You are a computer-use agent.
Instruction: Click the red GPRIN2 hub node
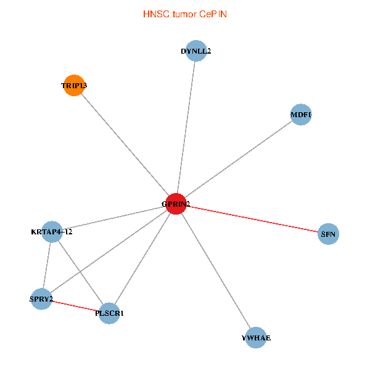176,204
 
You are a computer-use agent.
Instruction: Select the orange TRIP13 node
73,86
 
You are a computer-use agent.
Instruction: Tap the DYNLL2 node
195,51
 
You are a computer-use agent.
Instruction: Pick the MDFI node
300,115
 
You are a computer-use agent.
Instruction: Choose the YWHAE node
256,338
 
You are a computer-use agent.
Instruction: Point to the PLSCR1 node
109,313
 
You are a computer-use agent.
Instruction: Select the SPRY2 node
41,299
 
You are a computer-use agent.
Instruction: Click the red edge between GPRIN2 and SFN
252,219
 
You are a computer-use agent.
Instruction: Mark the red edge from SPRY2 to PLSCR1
75,306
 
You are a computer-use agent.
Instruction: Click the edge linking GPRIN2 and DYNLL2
186,128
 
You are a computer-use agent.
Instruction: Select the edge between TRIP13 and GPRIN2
125,145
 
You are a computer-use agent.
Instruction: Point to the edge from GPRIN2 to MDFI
238,160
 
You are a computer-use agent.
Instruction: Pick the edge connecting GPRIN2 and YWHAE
216,271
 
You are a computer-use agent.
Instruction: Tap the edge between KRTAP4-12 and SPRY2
47,265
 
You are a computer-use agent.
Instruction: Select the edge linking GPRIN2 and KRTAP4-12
114,218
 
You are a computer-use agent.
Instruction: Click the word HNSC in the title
155,14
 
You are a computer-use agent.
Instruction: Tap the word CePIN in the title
213,14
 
